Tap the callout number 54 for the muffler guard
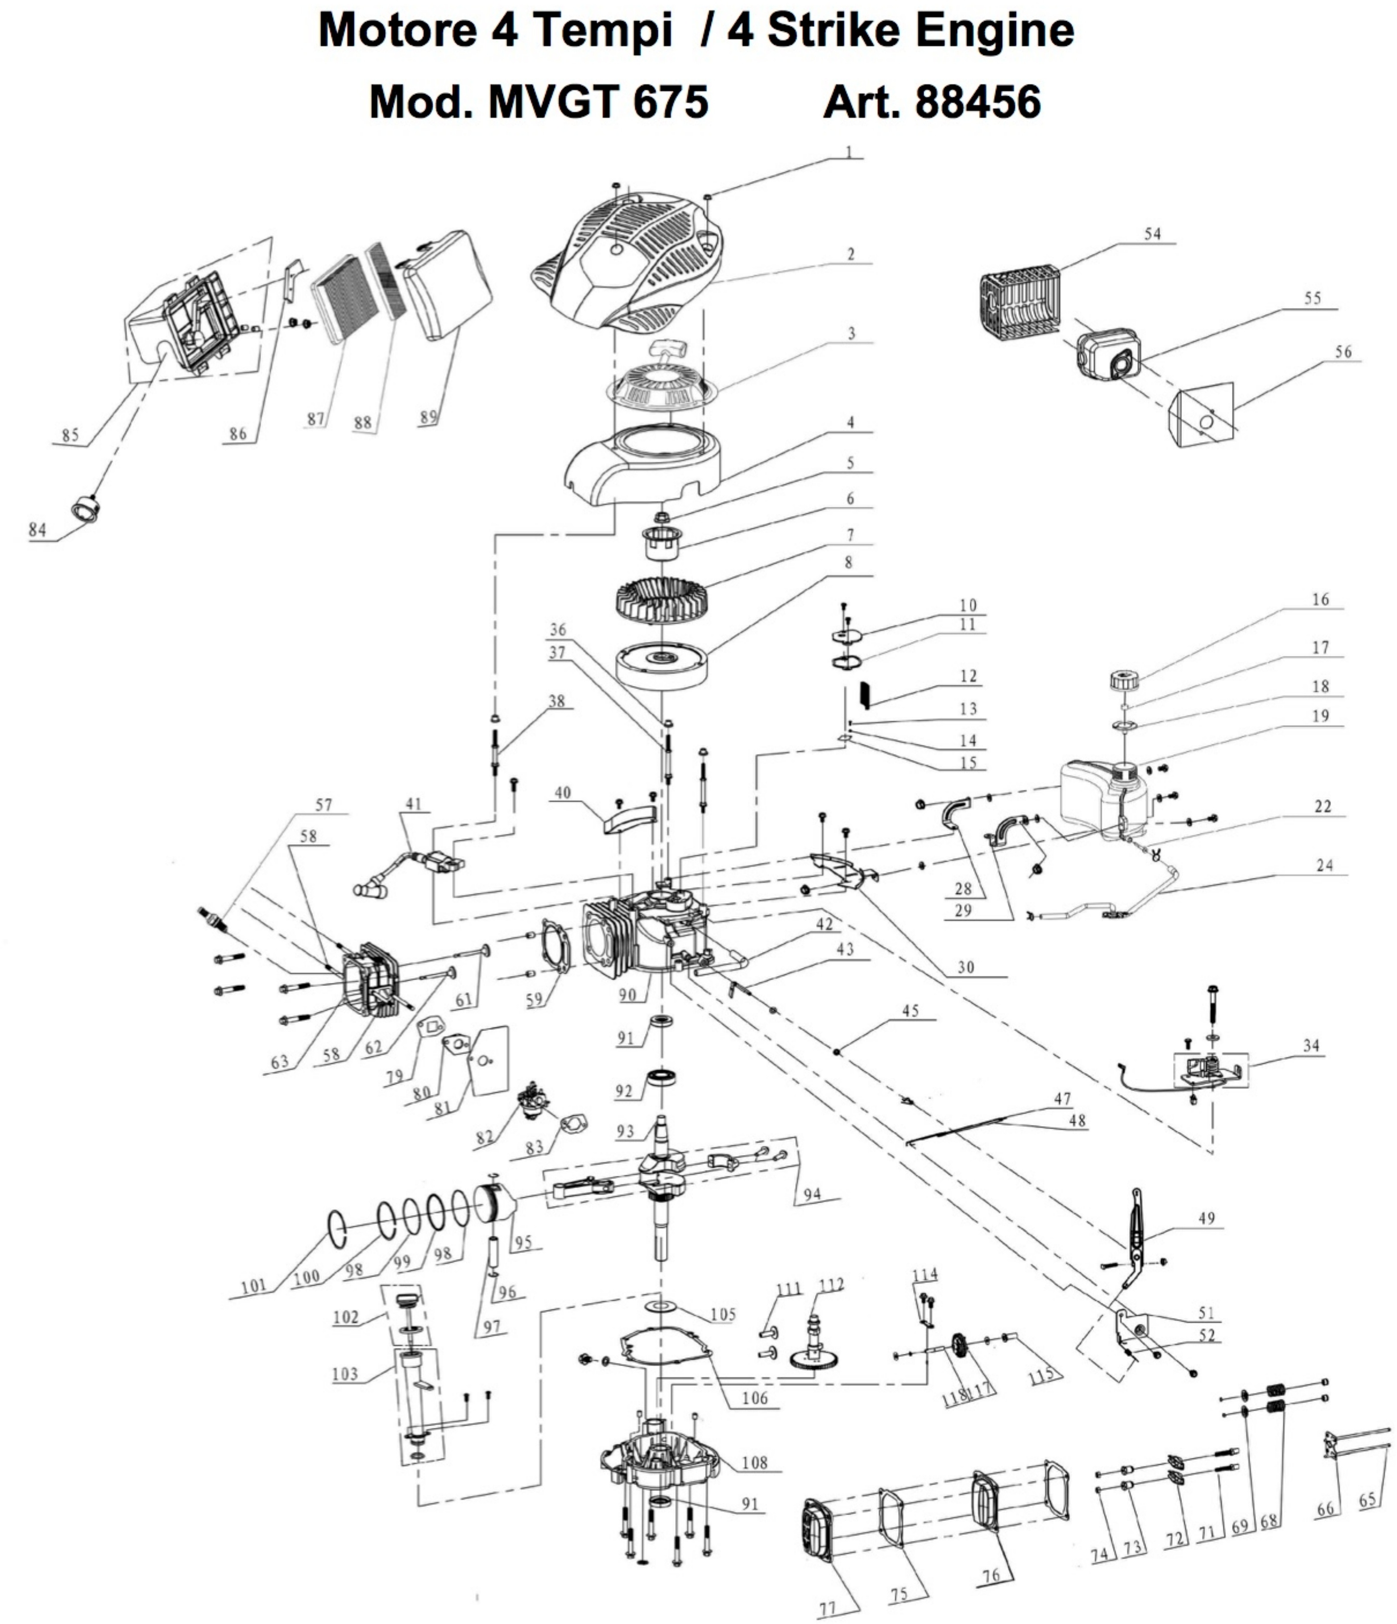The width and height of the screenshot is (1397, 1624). [x=1152, y=234]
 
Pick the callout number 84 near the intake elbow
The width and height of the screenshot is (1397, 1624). [x=37, y=530]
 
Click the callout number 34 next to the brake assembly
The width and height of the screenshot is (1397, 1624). [x=1311, y=1046]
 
